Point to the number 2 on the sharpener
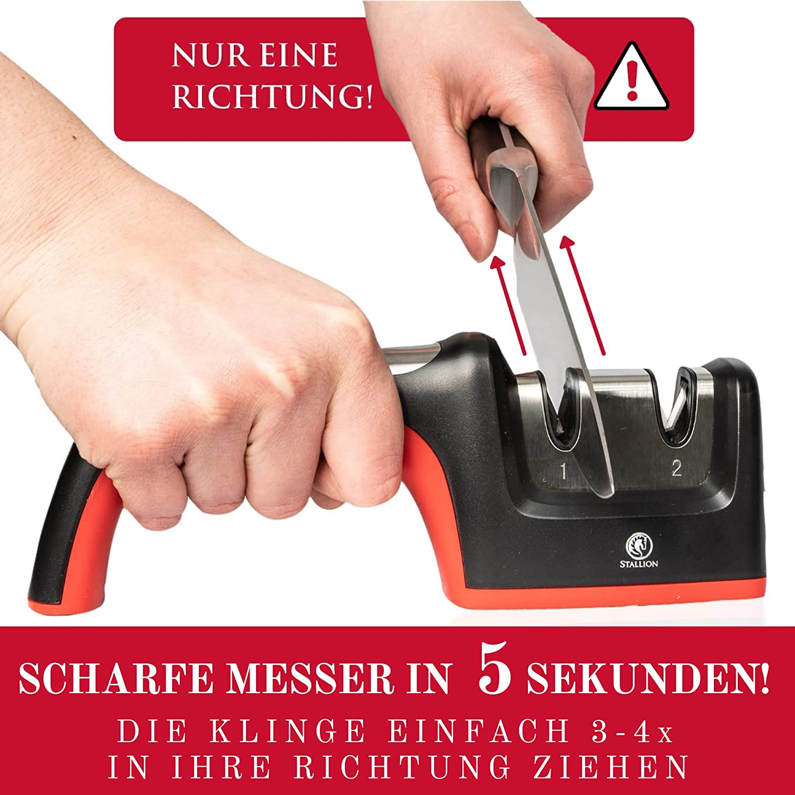(676, 468)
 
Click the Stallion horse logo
(639, 546)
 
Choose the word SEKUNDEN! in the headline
(648, 678)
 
